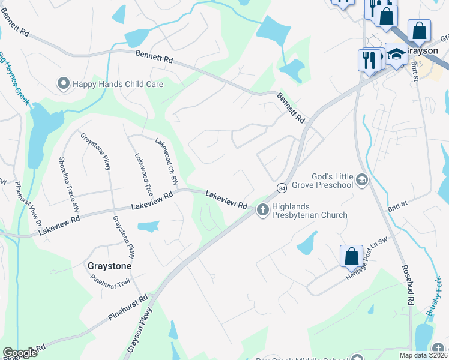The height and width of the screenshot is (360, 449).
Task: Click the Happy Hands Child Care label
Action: pyautogui.click(x=118, y=84)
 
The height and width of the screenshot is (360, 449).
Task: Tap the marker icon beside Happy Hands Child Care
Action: pyautogui.click(x=63, y=84)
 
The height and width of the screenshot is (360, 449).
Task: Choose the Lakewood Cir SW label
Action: pyautogui.click(x=167, y=160)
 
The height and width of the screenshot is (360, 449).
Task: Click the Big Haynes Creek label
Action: pyautogui.click(x=13, y=78)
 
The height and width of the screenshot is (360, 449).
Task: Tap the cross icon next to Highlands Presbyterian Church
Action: pyautogui.click(x=262, y=210)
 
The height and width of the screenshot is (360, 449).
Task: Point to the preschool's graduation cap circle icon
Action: pyautogui.click(x=361, y=179)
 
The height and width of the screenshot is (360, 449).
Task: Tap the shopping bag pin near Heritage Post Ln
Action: pyautogui.click(x=351, y=256)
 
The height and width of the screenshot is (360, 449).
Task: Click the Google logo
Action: pyautogui.click(x=20, y=353)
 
